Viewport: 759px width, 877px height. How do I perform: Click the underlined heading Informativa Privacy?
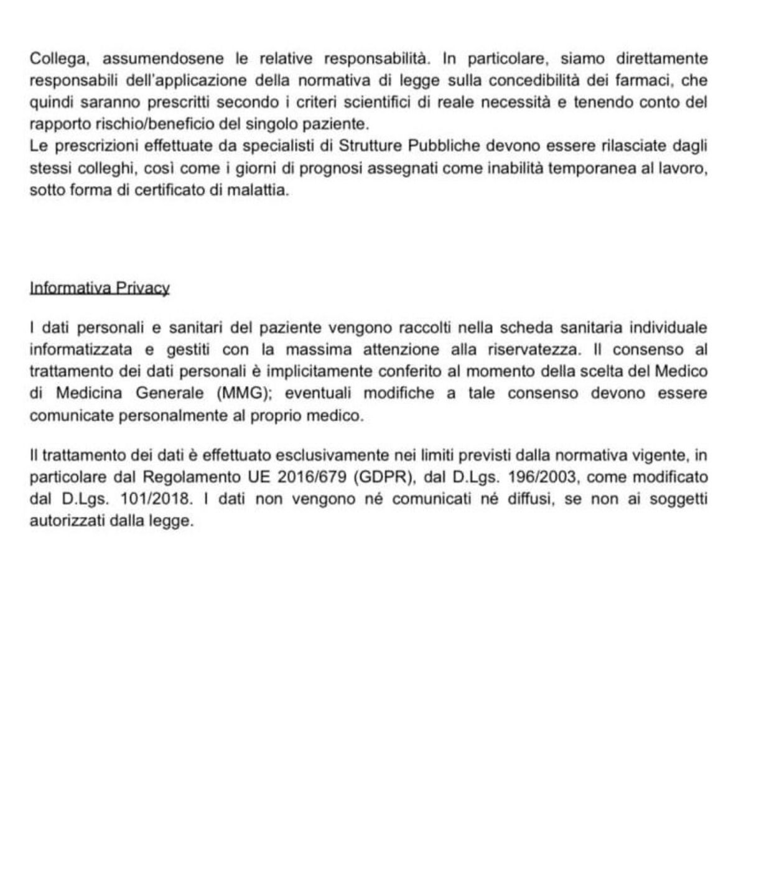tap(100, 288)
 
